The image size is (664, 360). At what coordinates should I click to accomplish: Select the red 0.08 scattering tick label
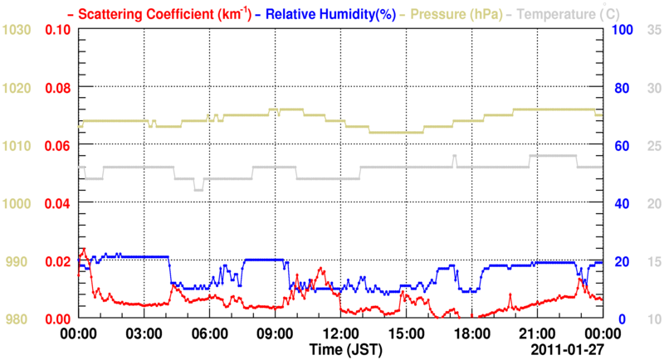(x=57, y=88)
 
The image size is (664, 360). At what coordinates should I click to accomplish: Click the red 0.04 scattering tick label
(x=57, y=204)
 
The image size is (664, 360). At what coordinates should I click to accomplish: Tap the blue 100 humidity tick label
(x=623, y=30)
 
